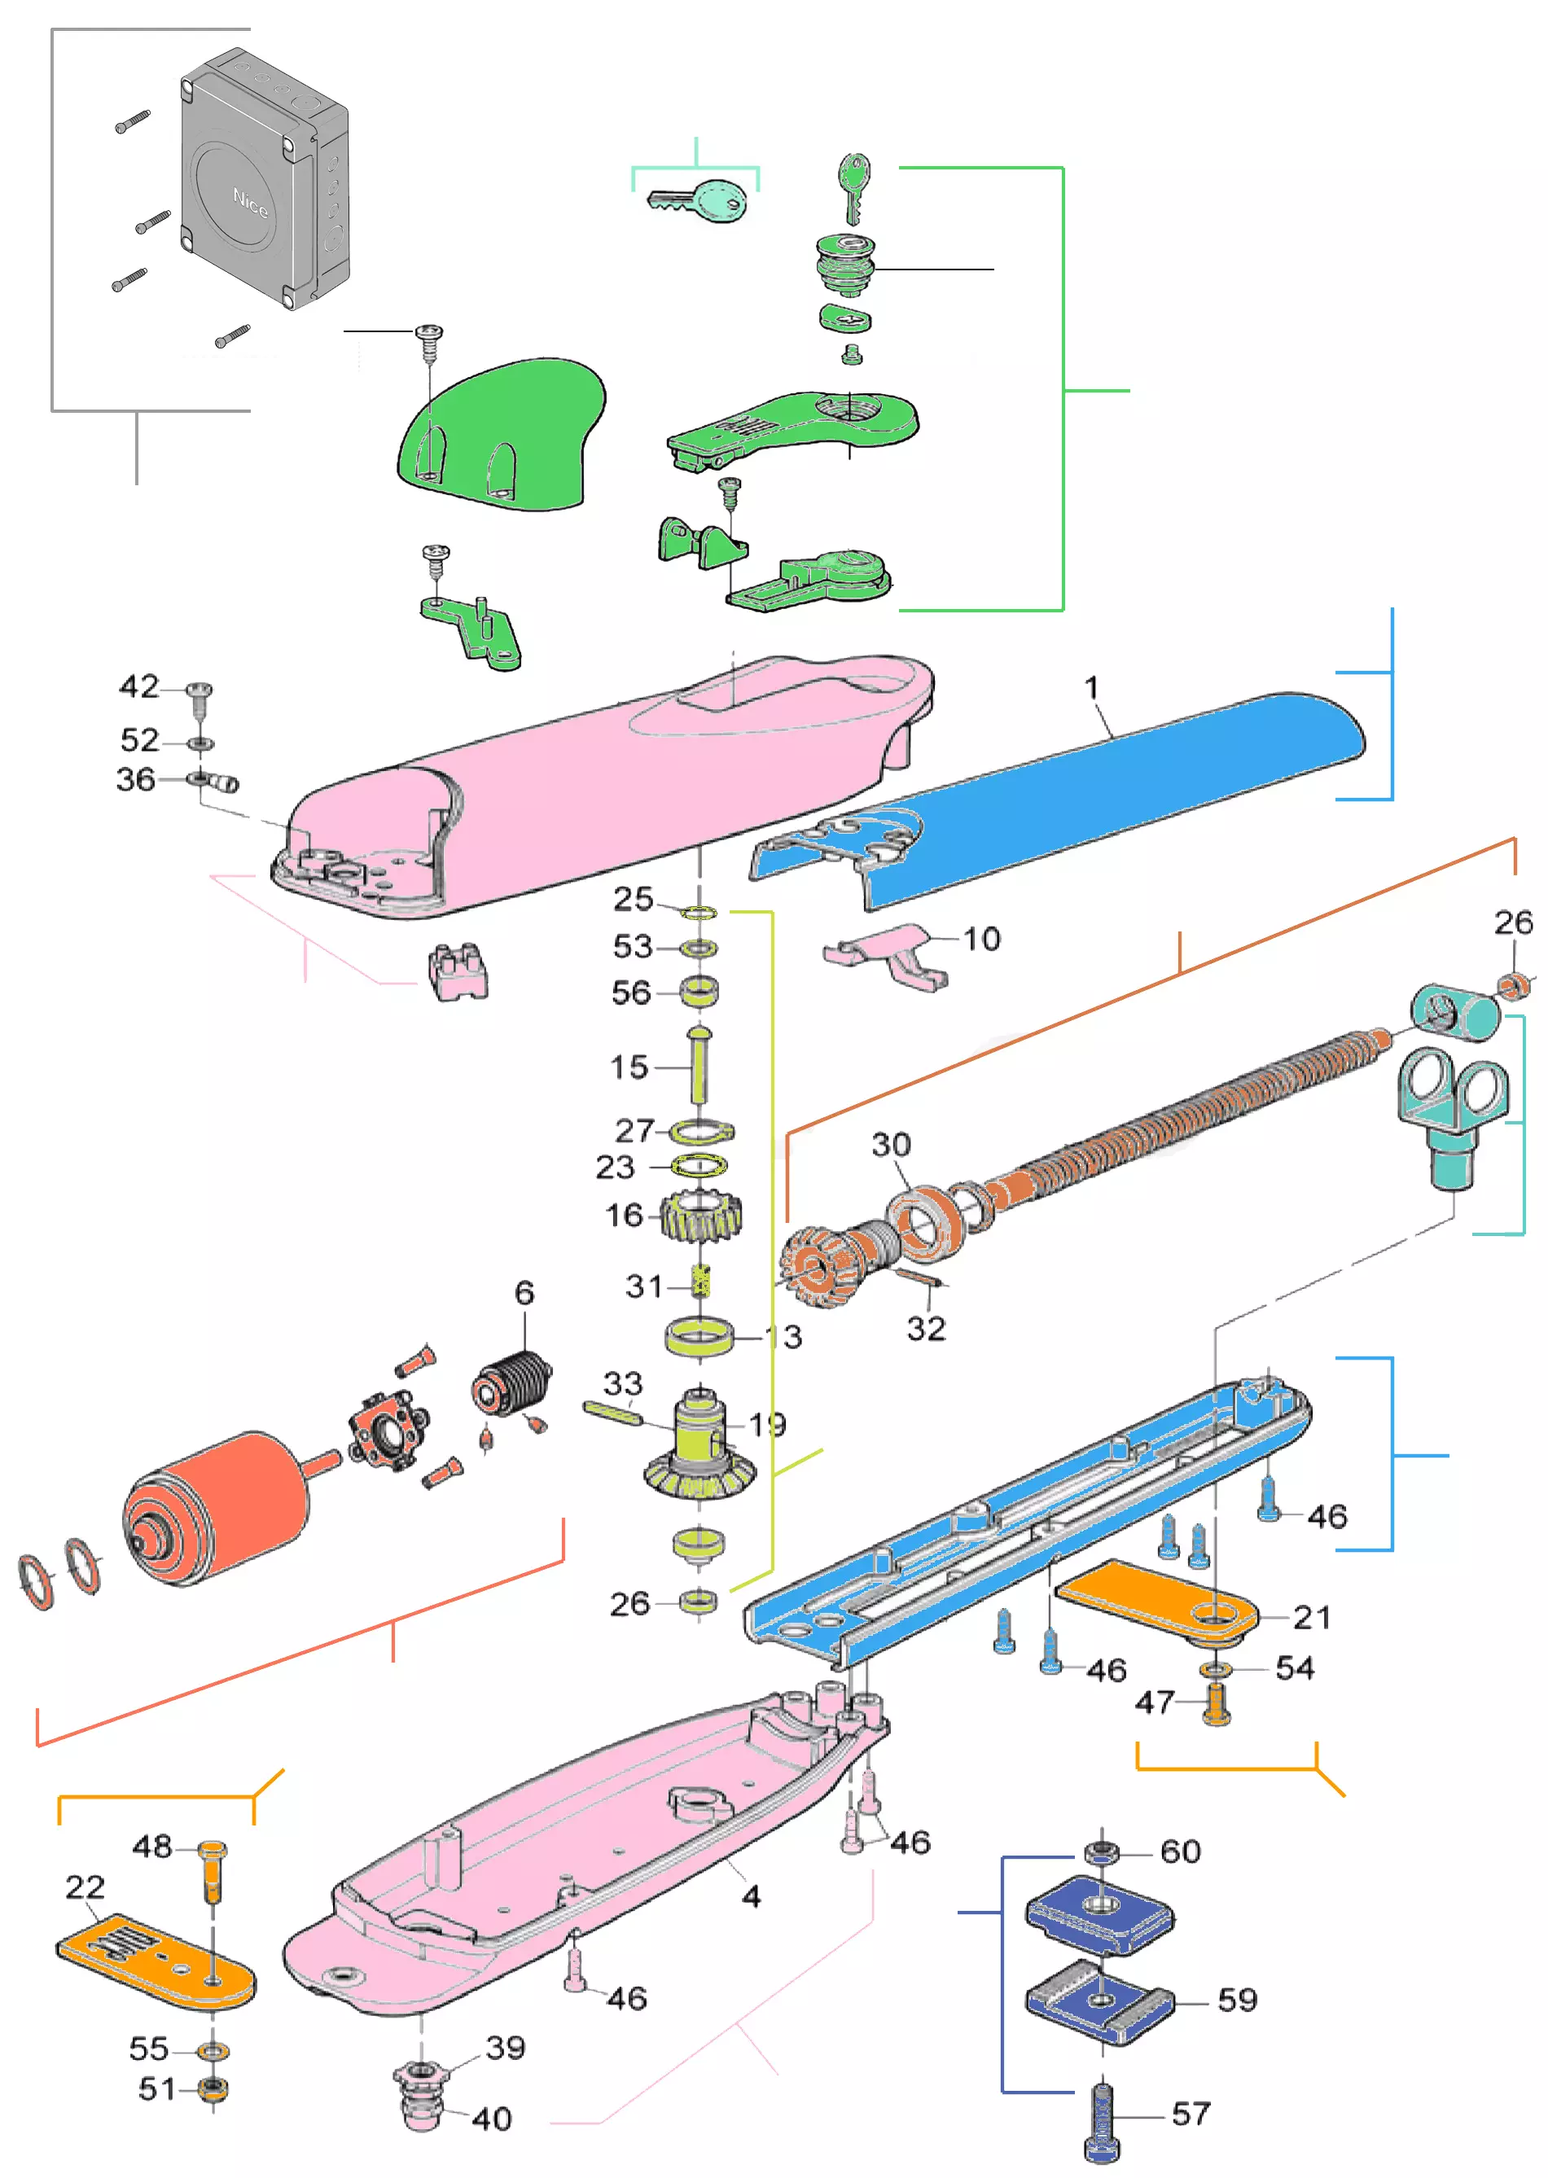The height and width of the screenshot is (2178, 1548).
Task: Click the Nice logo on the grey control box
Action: pos(250,202)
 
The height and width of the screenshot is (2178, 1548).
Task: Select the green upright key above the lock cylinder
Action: pos(853,186)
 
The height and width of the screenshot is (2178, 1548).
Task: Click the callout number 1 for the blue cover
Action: pos(1091,687)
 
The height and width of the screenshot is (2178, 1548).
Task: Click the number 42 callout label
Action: pos(139,686)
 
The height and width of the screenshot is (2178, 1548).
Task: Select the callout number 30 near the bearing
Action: pos(891,1145)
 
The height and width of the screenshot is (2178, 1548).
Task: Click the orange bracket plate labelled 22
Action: pos(152,1956)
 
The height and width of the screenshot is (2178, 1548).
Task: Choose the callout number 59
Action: pos(1237,2000)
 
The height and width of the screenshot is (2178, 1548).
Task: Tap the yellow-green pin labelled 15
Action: pos(699,1065)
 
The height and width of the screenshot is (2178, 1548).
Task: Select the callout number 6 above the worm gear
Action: pos(524,1294)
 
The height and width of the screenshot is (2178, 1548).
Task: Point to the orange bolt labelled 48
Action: pos(212,1871)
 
